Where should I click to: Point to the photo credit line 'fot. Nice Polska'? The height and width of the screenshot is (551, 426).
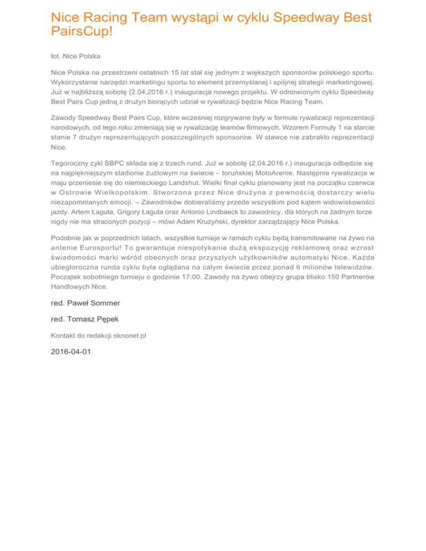pyautogui.click(x=75, y=56)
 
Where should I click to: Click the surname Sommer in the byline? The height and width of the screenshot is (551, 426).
pyautogui.click(x=100, y=303)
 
